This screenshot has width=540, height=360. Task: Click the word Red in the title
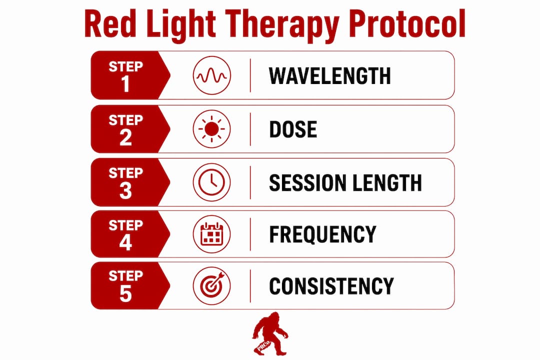110,23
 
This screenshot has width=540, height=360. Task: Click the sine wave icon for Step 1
212,75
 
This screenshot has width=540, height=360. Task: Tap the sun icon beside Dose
211,129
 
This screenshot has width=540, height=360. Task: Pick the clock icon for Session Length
211,182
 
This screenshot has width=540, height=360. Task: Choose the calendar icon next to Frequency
211,234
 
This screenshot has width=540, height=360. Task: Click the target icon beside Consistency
211,286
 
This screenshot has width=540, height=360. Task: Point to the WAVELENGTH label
329,76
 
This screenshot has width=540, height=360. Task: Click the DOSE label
292,129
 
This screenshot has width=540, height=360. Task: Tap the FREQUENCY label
322,234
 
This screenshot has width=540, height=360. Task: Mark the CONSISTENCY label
331,286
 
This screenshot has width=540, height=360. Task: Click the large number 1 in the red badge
125,83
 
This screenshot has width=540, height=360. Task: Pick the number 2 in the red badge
125,137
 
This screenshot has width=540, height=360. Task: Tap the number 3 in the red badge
125,191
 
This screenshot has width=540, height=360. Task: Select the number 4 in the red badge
125,242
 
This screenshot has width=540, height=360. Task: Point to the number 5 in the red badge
125,294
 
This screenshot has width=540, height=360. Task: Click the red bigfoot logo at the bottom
269,333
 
